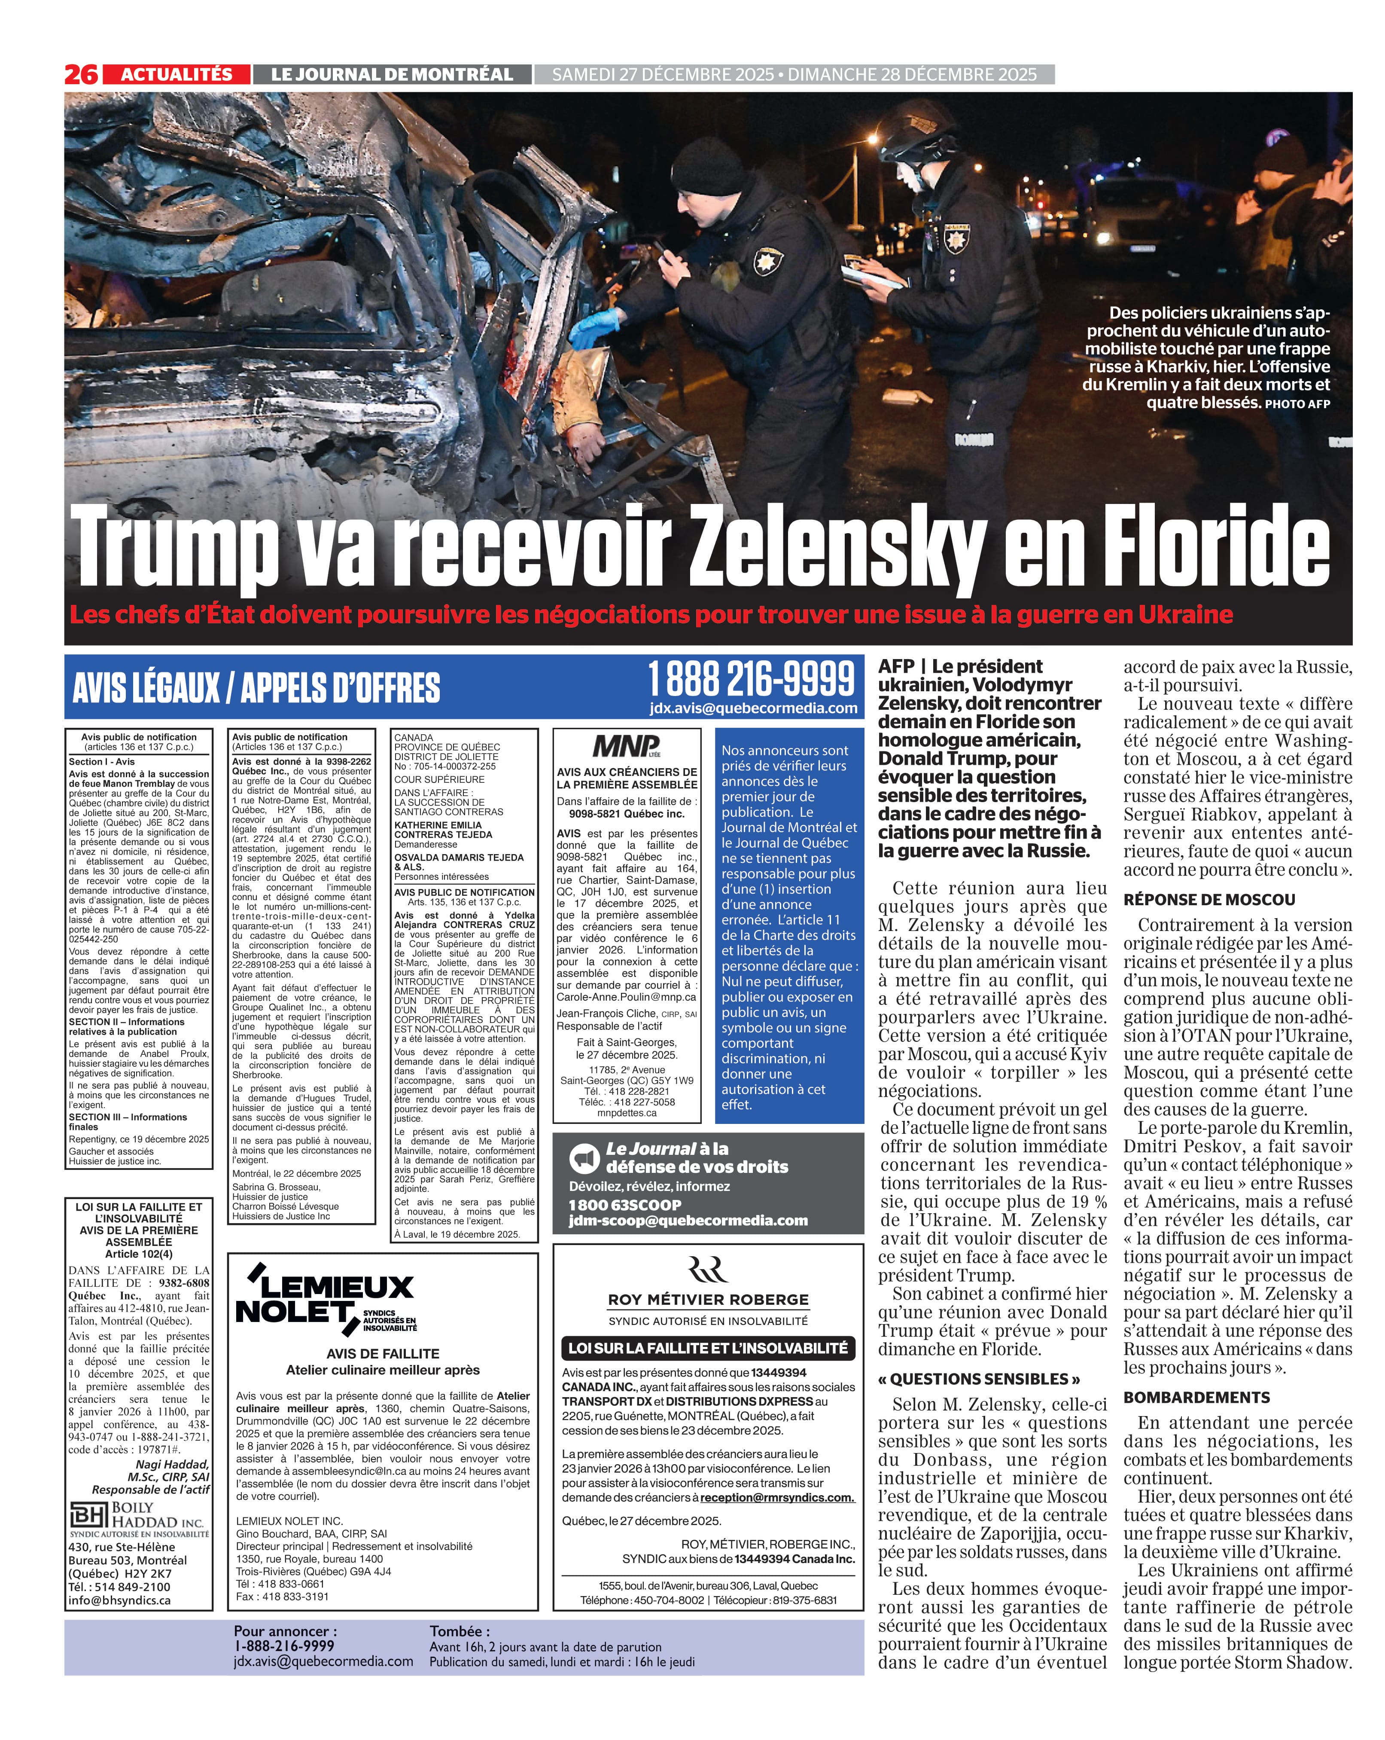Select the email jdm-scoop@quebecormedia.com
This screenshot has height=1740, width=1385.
[x=688, y=1220]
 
